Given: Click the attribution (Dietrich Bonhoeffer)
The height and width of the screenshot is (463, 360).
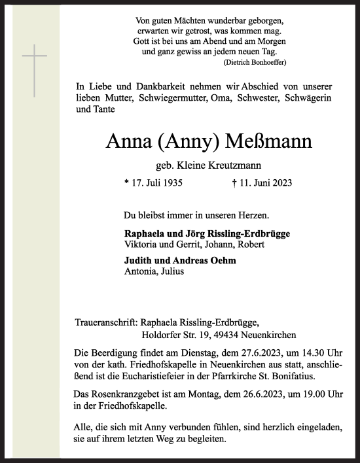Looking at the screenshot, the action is coord(255,61).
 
